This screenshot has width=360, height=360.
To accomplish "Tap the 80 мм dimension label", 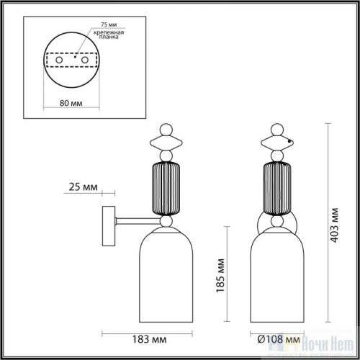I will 69,102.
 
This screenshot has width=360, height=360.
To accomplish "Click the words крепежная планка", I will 105,37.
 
